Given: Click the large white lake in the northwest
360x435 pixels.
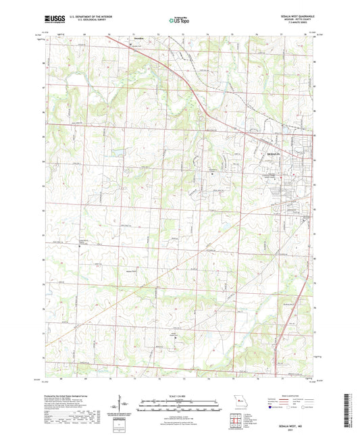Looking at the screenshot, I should tap(57, 84).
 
